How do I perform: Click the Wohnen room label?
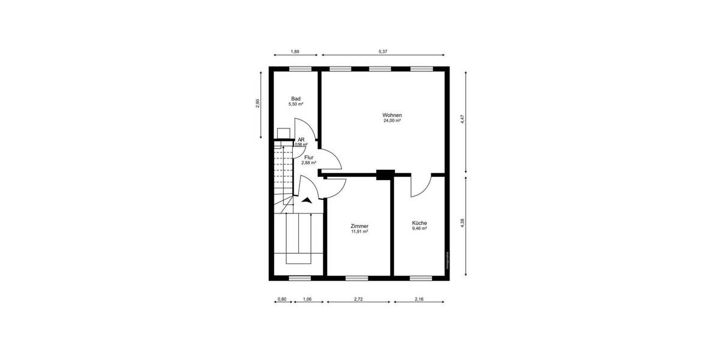(392, 115)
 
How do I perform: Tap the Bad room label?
(296, 99)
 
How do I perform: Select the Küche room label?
(419, 223)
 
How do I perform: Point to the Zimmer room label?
(359, 226)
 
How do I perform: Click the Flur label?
(309, 157)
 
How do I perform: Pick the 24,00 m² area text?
(392, 121)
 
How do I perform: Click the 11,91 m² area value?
(359, 231)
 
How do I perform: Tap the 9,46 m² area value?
(419, 228)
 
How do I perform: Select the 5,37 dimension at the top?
(383, 52)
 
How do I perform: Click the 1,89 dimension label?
(295, 52)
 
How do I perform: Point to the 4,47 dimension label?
(462, 119)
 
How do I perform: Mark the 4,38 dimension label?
(462, 223)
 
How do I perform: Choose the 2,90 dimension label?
(258, 103)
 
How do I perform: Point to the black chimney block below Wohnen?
(384, 175)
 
